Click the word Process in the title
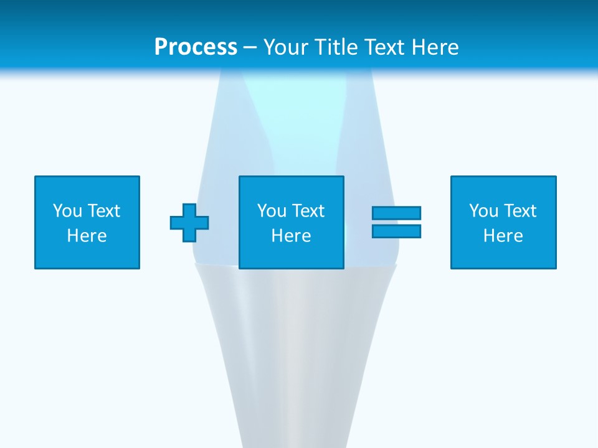[196, 47]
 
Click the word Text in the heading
[382, 47]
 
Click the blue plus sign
[189, 222]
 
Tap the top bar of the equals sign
[396, 213]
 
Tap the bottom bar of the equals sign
[396, 231]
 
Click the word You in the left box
[67, 211]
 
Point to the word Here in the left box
[87, 236]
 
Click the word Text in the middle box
[310, 211]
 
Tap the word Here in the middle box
[292, 236]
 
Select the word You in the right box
[483, 211]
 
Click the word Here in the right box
[503, 236]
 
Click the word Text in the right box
[521, 211]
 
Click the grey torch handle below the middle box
[295, 348]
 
